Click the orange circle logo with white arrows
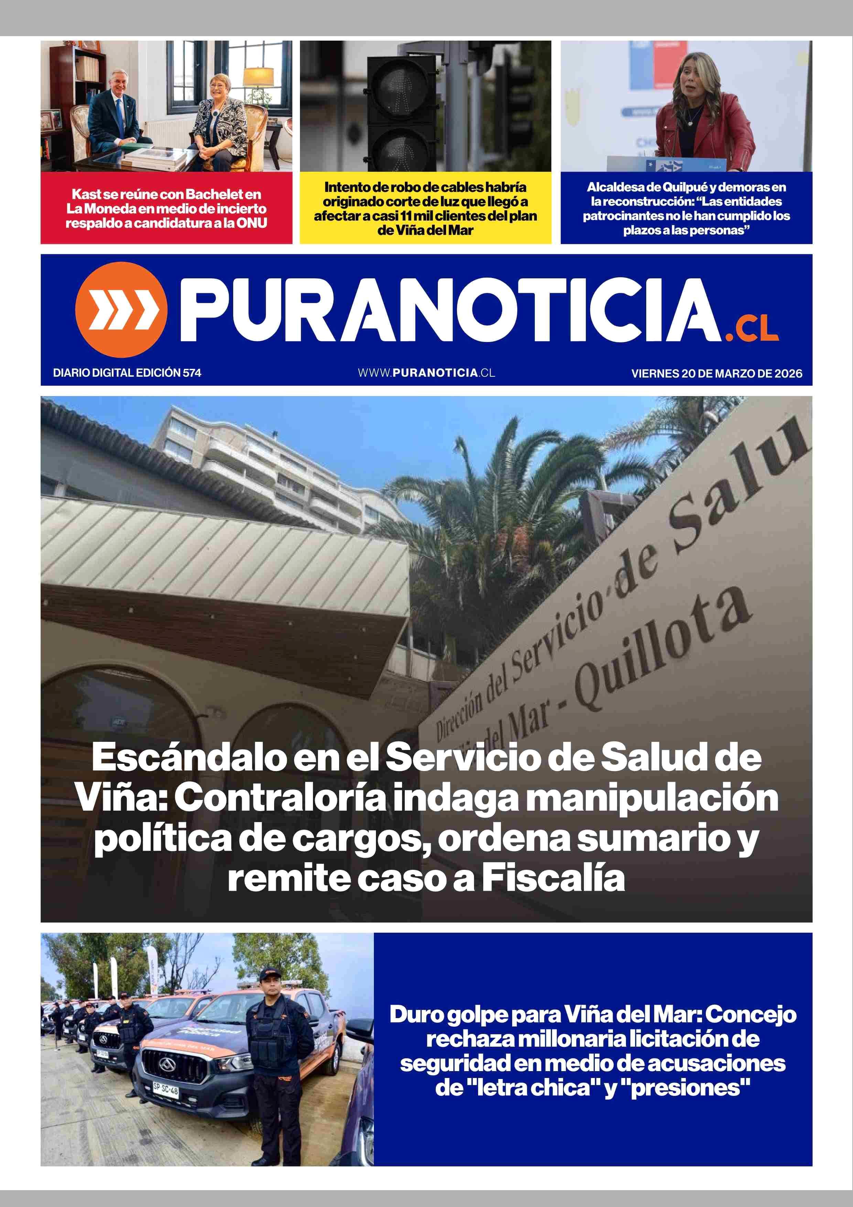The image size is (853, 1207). (x=121, y=310)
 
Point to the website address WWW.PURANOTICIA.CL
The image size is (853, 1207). (x=426, y=373)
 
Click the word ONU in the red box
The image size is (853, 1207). (x=252, y=223)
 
